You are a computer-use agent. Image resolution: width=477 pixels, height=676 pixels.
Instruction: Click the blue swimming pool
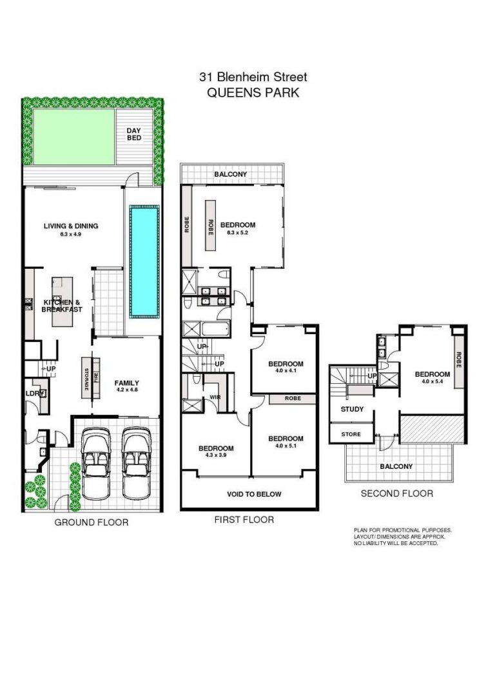[144, 261]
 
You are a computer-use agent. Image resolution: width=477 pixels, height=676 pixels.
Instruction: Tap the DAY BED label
[133, 134]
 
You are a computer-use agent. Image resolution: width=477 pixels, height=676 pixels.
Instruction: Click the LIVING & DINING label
[71, 226]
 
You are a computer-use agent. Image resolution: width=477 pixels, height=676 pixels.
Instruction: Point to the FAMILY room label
[127, 383]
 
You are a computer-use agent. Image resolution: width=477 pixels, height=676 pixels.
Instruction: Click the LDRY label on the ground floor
[32, 393]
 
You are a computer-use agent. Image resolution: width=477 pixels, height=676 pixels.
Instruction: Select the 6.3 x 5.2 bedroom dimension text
[238, 232]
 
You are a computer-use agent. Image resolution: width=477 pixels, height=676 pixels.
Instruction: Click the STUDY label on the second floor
[352, 409]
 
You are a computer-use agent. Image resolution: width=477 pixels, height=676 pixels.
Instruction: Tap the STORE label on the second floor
[351, 434]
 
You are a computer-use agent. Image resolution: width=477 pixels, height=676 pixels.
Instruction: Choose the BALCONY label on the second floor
[396, 466]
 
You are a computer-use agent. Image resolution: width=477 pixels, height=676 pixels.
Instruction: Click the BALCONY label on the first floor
[231, 174]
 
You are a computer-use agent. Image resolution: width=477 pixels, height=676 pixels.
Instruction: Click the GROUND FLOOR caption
[91, 522]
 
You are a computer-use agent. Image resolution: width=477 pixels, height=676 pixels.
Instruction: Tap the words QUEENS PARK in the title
[253, 92]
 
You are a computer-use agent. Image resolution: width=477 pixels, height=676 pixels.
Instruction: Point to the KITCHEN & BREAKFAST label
[62, 306]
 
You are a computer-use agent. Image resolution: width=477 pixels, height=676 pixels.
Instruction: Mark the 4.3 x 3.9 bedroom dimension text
[215, 456]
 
